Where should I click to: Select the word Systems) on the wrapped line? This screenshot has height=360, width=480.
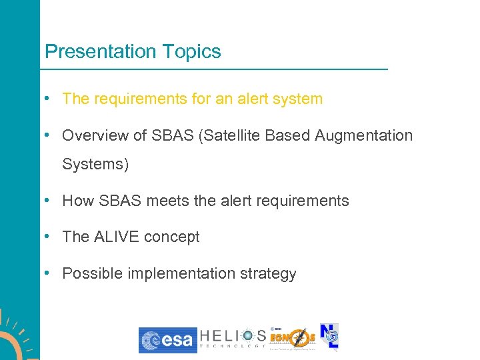point(95,164)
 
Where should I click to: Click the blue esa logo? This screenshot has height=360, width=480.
point(167,340)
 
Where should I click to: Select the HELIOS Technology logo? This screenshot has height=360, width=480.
point(233,339)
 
